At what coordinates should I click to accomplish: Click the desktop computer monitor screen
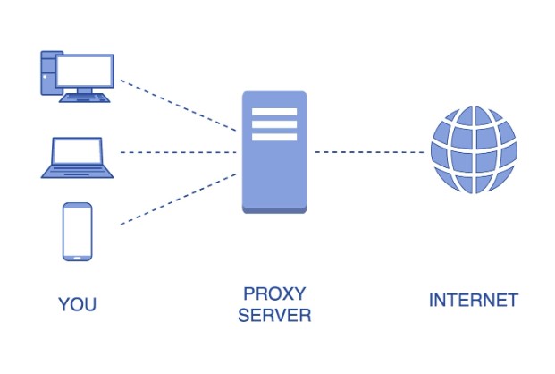[x=85, y=71]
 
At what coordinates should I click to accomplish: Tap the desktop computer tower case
[x=48, y=73]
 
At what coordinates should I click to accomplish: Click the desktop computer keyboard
[x=85, y=98]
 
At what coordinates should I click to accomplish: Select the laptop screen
[x=77, y=151]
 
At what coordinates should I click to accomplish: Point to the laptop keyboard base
[x=77, y=172]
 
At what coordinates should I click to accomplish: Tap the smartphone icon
[x=77, y=232]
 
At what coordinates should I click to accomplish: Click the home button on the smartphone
[x=77, y=258]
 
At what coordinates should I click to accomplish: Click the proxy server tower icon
[x=274, y=152]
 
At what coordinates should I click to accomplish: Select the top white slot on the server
[x=274, y=112]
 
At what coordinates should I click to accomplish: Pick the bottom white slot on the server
[x=274, y=137]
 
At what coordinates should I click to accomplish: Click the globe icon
[x=474, y=150]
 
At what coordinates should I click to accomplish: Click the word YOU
[x=77, y=304]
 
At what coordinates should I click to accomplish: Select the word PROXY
[x=274, y=293]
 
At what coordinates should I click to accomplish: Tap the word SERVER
[x=274, y=315]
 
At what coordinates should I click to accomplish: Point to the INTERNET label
[x=474, y=301]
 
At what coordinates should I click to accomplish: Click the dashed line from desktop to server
[x=178, y=106]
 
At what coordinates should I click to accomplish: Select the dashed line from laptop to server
[x=178, y=152]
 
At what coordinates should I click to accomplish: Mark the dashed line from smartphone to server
[x=178, y=199]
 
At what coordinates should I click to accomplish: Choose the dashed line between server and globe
[x=369, y=152]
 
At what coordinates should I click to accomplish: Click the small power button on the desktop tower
[x=45, y=77]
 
